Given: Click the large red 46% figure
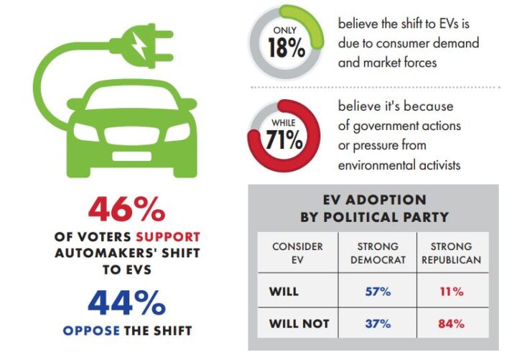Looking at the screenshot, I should click(127, 210).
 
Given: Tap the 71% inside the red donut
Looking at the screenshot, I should click(284, 139).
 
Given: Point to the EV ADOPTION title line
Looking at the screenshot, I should click(373, 200).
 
